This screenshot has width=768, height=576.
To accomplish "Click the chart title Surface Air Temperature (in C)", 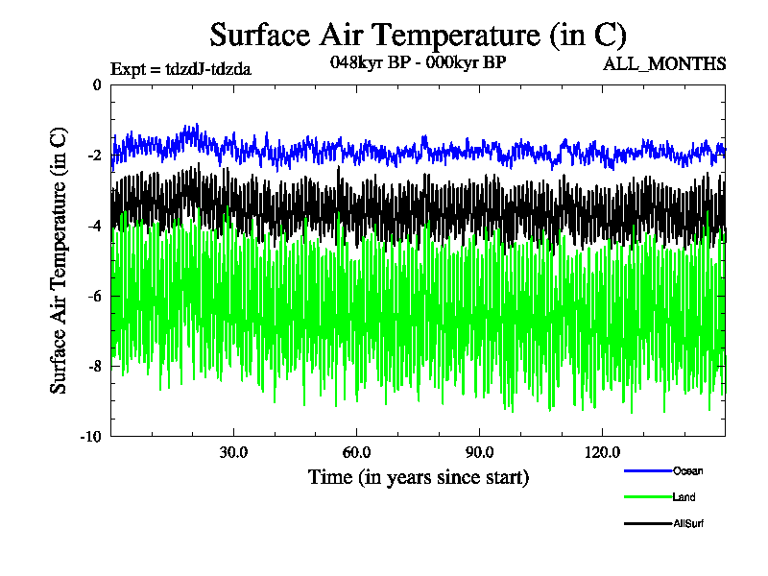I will point(418,36).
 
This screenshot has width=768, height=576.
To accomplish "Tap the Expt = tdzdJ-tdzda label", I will point(181,68).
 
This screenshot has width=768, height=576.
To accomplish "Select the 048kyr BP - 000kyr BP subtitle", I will point(418,63).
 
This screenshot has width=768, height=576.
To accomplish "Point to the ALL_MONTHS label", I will point(663,64).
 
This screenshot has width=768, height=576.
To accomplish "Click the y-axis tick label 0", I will point(97,85).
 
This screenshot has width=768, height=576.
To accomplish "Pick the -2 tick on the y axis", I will point(94,156).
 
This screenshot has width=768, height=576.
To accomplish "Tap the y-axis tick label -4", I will point(94,226).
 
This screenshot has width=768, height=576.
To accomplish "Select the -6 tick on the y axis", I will point(94,296).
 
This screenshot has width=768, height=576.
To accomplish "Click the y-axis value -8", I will point(94,366).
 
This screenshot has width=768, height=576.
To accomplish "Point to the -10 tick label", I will point(91,436).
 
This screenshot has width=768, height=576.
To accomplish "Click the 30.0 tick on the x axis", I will point(233,452).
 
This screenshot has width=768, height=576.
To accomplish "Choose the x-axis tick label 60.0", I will point(356,452).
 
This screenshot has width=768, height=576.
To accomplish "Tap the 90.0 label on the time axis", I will point(479,452).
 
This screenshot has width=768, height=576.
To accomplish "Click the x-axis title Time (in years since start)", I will point(418,476).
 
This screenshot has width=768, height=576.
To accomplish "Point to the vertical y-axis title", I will point(59,259).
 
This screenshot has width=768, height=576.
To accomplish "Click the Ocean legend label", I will point(687,470).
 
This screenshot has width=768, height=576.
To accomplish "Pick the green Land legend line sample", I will point(646,497).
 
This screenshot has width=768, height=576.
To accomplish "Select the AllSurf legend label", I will point(689,523).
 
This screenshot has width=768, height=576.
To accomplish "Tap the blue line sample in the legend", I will point(646,470).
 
